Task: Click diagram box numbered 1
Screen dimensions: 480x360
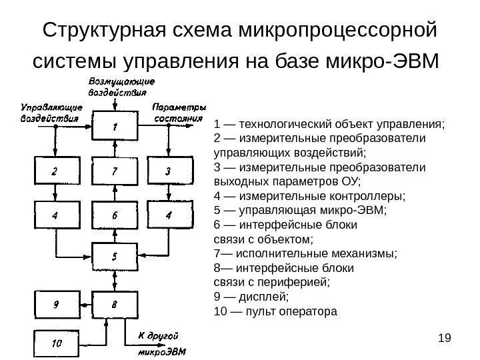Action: click(115, 126)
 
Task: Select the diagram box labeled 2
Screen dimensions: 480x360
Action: click(55, 172)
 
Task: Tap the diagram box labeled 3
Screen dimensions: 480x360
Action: click(169, 172)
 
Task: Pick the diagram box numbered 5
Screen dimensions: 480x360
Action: click(115, 257)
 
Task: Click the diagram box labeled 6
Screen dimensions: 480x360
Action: click(115, 215)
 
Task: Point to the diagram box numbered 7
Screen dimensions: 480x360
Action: click(115, 172)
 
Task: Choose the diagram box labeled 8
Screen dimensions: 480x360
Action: click(115, 305)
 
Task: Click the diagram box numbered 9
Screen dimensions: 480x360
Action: click(55, 305)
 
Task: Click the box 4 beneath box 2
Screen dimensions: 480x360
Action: click(55, 215)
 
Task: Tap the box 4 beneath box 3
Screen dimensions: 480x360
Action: click(169, 215)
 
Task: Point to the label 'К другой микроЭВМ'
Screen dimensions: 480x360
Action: click(162, 343)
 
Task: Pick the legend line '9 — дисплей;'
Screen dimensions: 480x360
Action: click(250, 297)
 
